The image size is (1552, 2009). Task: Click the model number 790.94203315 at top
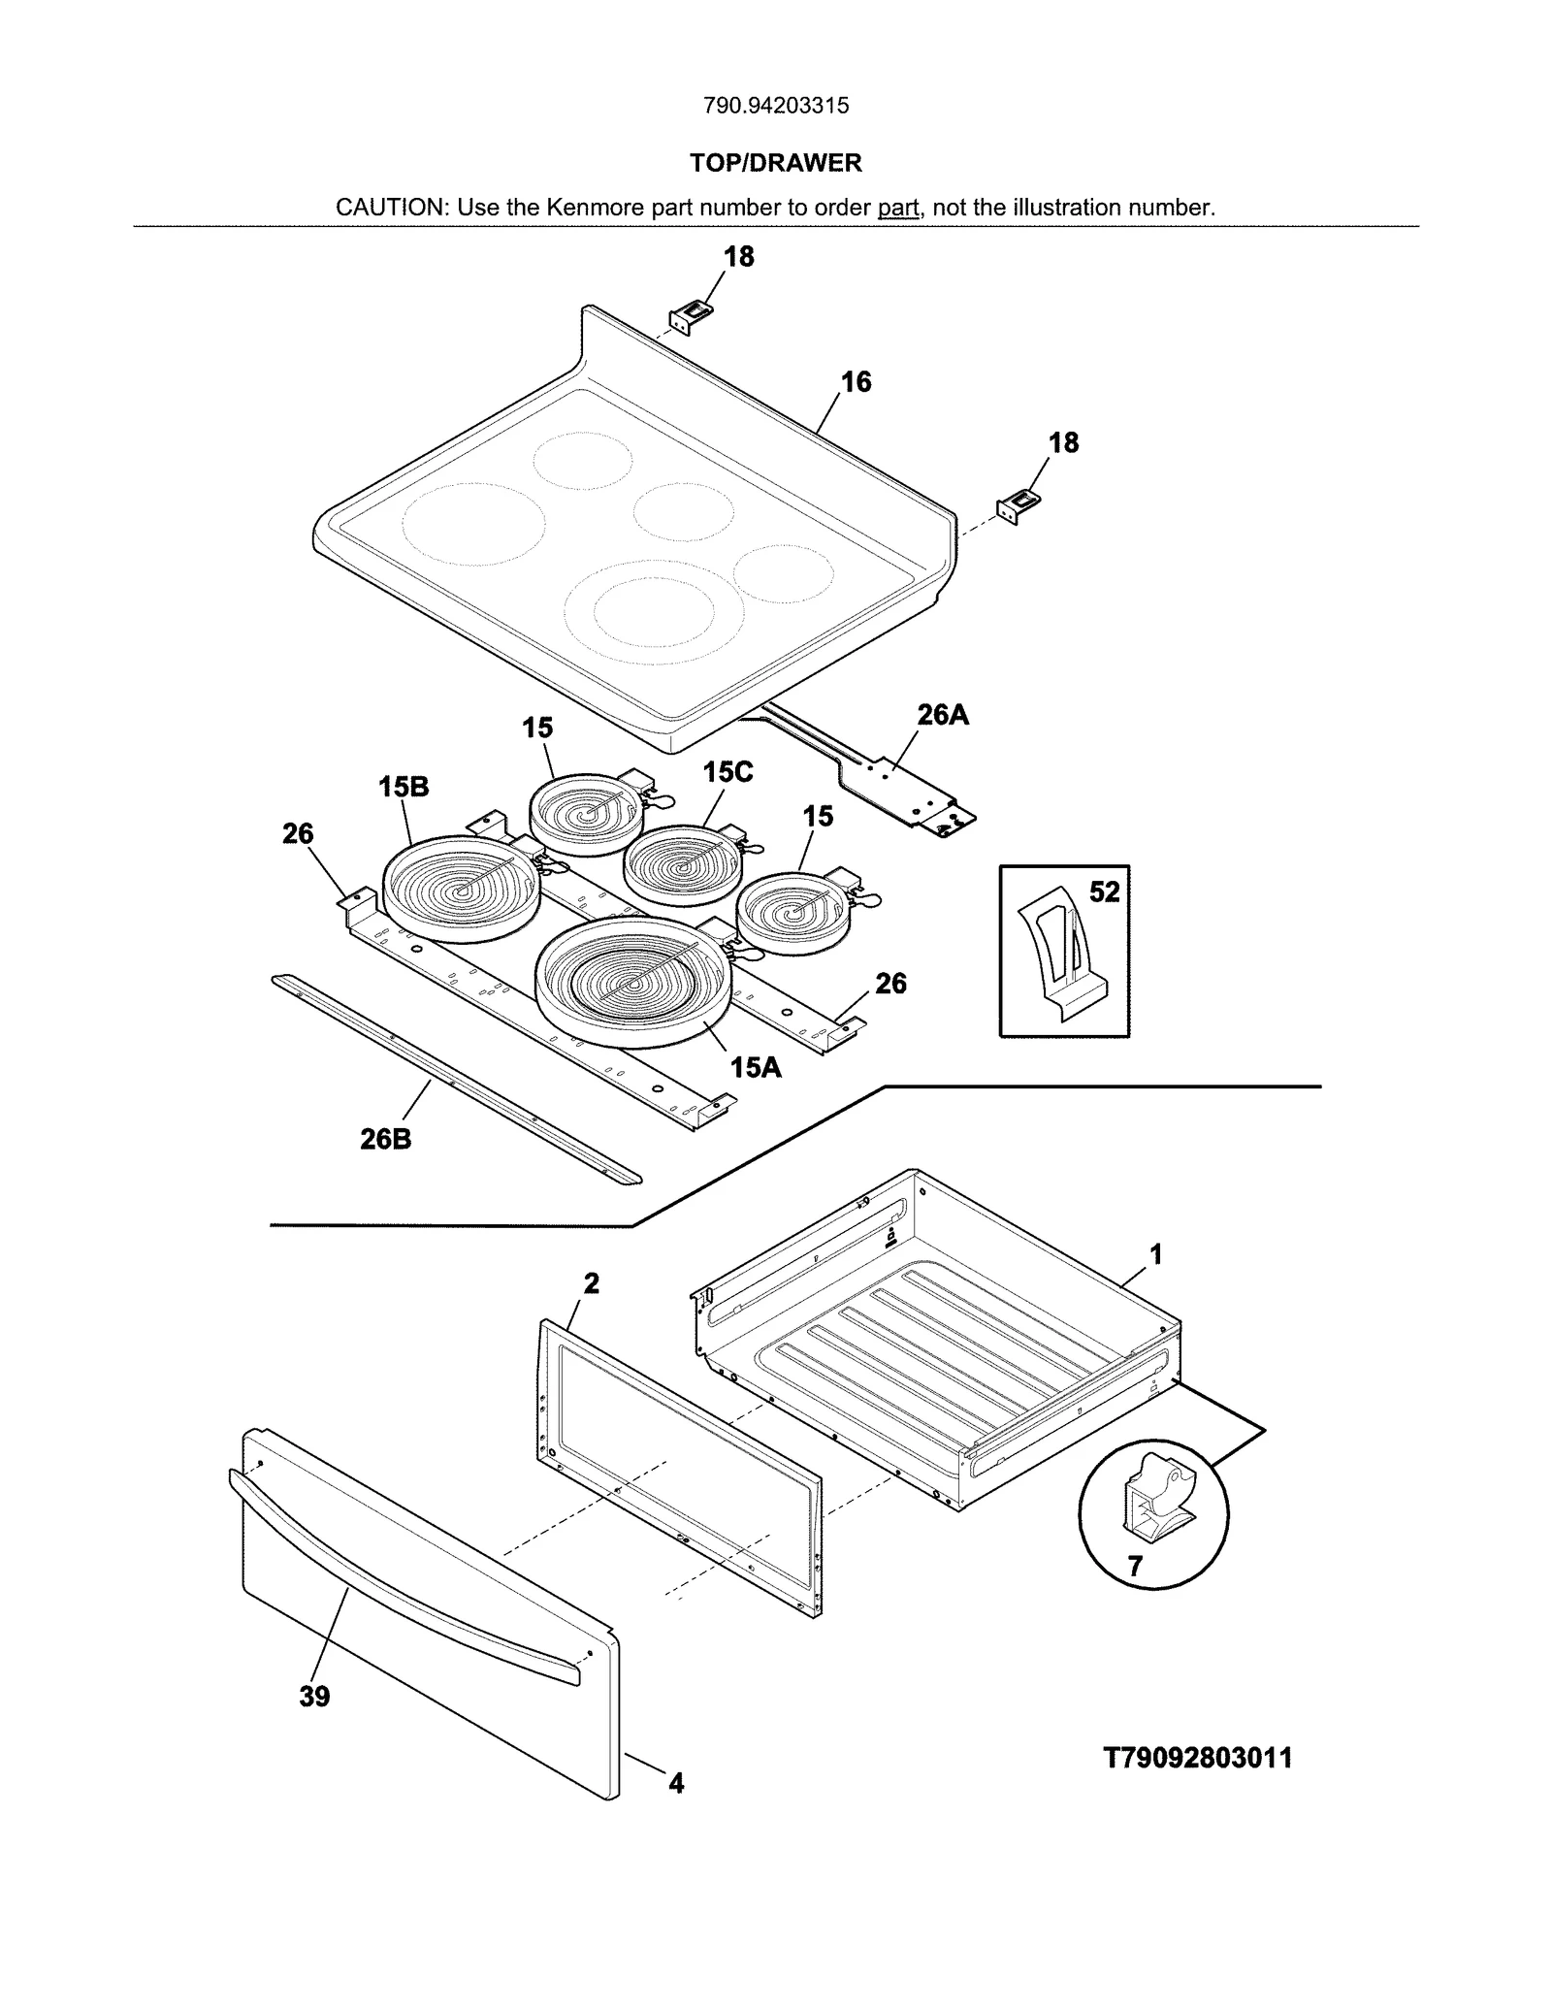[775, 106]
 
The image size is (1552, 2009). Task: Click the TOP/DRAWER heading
[775, 163]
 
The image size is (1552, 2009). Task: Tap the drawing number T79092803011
[1198, 1757]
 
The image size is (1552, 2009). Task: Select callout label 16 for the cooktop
[856, 382]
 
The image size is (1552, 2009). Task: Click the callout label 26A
[943, 715]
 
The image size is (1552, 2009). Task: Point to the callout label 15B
[404, 787]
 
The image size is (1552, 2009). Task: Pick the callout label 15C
[727, 772]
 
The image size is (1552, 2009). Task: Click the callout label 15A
[756, 1068]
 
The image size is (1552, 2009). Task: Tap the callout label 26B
[385, 1139]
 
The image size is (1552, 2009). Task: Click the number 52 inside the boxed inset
[1104, 891]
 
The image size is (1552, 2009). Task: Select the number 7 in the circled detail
[1135, 1566]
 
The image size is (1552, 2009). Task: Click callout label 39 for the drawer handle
[314, 1697]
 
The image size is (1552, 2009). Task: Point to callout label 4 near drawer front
[676, 1783]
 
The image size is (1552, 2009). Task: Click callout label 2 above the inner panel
[591, 1283]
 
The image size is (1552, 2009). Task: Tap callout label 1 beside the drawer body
[1155, 1254]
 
